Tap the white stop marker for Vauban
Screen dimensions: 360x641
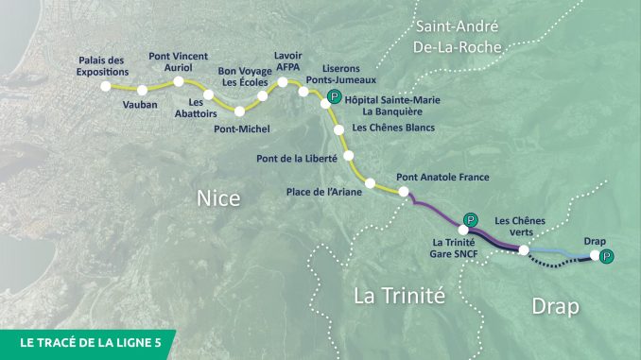(x=143, y=90)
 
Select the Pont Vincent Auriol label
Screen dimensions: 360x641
(x=179, y=62)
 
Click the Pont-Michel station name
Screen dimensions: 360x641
(x=242, y=129)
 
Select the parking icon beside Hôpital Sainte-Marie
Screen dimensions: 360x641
(x=333, y=97)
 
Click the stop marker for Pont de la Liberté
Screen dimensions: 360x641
(x=349, y=155)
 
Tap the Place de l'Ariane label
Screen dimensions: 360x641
(x=323, y=193)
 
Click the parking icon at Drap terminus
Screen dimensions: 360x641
(x=607, y=255)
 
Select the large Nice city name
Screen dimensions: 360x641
(x=218, y=198)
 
